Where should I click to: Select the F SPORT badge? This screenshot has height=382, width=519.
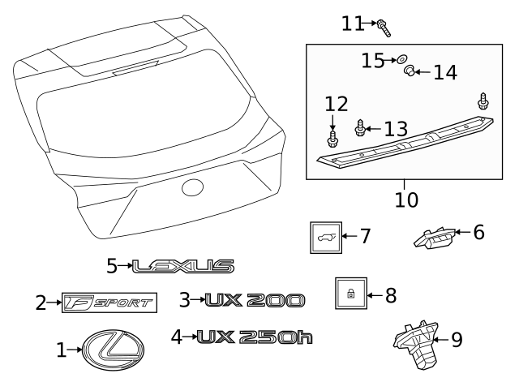109,303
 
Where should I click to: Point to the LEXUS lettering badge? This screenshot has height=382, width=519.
183,265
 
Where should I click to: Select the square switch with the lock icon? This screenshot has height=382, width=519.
350,294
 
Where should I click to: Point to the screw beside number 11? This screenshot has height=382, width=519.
384,28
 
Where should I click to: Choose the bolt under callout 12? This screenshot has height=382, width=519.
332,141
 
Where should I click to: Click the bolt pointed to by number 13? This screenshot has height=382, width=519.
362,127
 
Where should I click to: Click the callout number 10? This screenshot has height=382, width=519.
403,197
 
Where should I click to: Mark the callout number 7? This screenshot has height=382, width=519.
365,237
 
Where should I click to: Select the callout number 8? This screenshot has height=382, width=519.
390,294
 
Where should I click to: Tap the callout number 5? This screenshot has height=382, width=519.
112,265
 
